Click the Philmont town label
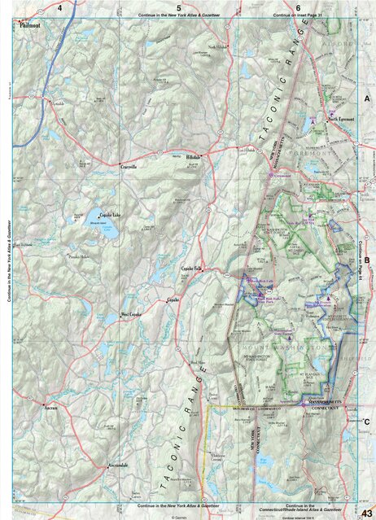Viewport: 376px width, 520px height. coord(31,25)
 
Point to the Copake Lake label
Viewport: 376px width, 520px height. coord(110,214)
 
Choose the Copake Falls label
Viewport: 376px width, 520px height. coord(190,268)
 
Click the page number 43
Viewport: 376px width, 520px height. coord(366,511)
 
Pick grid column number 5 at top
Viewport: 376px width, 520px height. coord(178,7)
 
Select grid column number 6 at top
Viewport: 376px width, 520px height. coord(298,7)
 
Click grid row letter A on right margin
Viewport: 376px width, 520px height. coord(367,98)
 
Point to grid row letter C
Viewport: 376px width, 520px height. coord(367,422)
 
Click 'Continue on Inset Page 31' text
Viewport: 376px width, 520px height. coord(299,15)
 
